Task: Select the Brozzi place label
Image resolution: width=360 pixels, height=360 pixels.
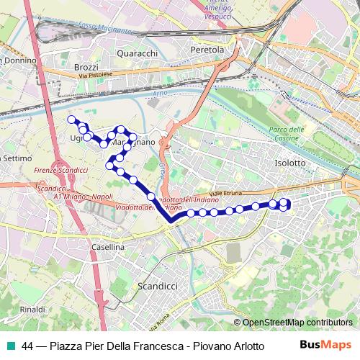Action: (86, 66)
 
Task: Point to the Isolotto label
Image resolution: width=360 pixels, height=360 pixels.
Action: (290, 163)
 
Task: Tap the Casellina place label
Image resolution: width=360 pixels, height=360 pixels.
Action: (109, 247)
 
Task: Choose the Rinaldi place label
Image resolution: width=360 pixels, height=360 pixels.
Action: (32, 309)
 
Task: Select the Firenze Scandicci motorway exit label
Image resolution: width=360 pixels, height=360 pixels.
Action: (60, 171)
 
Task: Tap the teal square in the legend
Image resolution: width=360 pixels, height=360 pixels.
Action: (12, 345)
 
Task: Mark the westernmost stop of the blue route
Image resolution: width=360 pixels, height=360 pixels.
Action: (71, 120)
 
